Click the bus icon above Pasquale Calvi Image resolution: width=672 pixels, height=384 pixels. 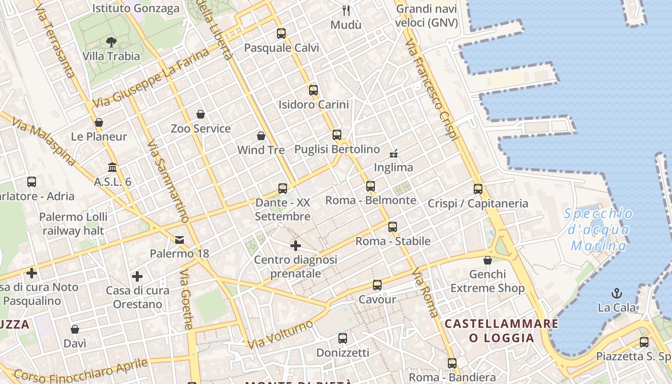tap(281, 34)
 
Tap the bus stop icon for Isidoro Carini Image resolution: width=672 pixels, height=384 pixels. tap(313, 90)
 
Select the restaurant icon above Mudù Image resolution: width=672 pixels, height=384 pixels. tap(346, 10)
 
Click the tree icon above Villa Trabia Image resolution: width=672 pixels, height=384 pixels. tap(111, 42)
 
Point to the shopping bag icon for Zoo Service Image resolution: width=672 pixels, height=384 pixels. tap(201, 114)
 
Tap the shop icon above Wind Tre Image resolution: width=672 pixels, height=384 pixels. tap(261, 136)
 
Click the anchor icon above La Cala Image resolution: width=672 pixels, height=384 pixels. tap(617, 293)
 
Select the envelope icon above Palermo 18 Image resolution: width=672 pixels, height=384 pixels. tap(180, 240)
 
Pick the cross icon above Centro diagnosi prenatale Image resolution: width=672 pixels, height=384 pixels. tap(296, 246)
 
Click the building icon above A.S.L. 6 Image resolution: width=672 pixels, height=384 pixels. tap(112, 168)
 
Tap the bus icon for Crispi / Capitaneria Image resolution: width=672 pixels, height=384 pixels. tap(478, 189)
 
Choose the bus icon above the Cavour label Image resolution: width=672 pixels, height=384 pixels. tap(377, 285)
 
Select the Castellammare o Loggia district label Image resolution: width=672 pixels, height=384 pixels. tap(502, 330)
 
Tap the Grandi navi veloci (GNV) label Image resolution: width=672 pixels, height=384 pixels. tap(427, 16)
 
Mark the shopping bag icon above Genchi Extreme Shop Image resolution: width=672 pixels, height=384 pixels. tap(488, 260)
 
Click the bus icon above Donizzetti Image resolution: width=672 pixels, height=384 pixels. tap(343, 338)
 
